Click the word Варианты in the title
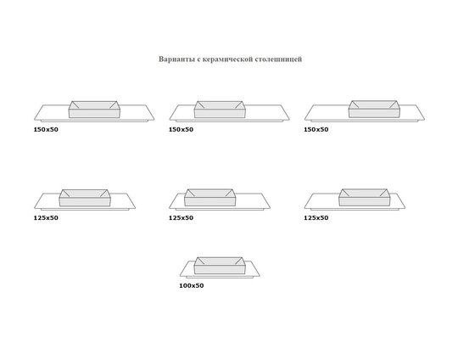point(176,59)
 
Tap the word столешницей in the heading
point(278,59)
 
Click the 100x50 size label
point(192,286)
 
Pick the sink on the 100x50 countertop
point(219,266)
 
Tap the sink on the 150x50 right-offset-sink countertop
point(374,109)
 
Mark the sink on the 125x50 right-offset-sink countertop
point(365,197)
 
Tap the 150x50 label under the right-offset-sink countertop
point(316,130)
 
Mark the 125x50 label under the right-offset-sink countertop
point(316,218)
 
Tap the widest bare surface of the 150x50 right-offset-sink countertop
point(327,112)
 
